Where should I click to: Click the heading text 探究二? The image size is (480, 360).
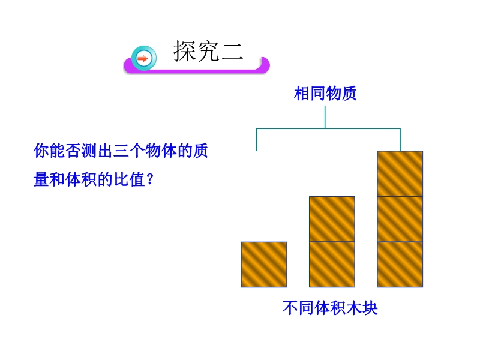tap(208, 51)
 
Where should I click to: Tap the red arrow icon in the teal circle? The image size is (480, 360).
tap(142, 58)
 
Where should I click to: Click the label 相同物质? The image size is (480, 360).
tap(325, 94)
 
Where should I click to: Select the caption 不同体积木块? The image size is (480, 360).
tap(330, 308)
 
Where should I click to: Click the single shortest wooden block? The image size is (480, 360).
tap(264, 265)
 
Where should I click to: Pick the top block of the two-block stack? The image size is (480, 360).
tap(332, 219)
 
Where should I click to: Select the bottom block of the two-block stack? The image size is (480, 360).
tap(332, 265)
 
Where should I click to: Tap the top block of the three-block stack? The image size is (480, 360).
tap(400, 173)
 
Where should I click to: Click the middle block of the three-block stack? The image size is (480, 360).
tap(400, 219)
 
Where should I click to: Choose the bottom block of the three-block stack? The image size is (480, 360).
tap(400, 265)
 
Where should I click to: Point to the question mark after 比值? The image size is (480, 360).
tap(150, 179)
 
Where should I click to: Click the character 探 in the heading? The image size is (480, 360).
tap(185, 51)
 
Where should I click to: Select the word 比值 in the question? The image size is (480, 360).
tap(129, 179)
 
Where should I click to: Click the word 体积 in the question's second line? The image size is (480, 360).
tap(82, 179)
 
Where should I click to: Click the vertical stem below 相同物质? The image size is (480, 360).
tap(325, 117)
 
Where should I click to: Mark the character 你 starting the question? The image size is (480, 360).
tap(41, 151)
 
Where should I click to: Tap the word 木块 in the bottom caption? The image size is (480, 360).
tap(362, 308)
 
